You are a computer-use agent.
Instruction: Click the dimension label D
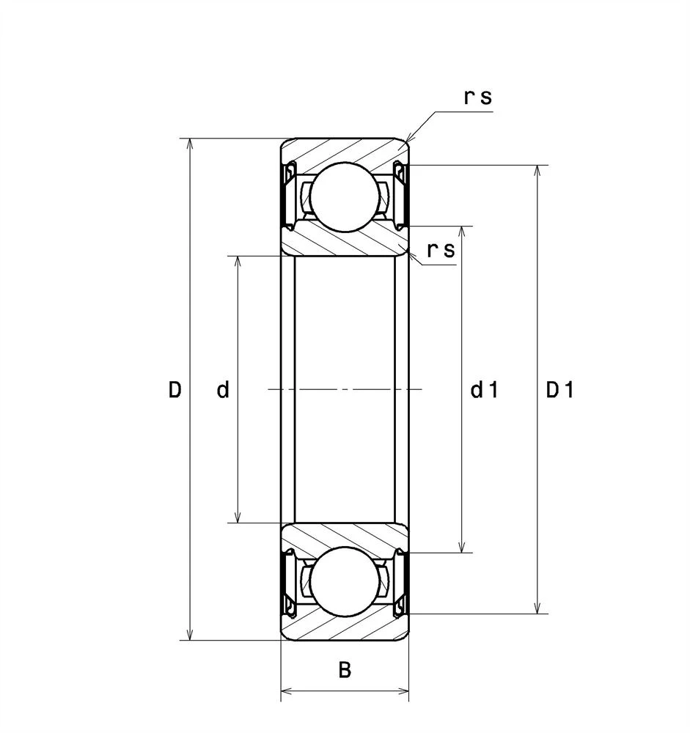point(175,389)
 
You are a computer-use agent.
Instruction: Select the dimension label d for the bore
point(223,389)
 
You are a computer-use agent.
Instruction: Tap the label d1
point(485,389)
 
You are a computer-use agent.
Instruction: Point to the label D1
point(560,389)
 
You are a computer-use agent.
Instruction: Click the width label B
point(345,670)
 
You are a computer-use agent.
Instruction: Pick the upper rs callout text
point(478,97)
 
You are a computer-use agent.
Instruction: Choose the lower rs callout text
point(441,250)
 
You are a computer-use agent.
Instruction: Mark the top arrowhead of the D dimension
point(190,142)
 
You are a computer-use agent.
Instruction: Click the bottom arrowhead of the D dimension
point(190,636)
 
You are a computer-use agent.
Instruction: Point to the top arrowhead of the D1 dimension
point(538,170)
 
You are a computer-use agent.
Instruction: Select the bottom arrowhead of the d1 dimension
point(462,548)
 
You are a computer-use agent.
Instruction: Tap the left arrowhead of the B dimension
point(285,691)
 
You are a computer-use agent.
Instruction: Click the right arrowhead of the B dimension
point(404,691)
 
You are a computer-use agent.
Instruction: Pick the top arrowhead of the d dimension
point(238,260)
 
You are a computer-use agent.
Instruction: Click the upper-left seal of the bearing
point(287,196)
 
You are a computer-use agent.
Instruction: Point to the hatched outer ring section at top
point(345,150)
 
